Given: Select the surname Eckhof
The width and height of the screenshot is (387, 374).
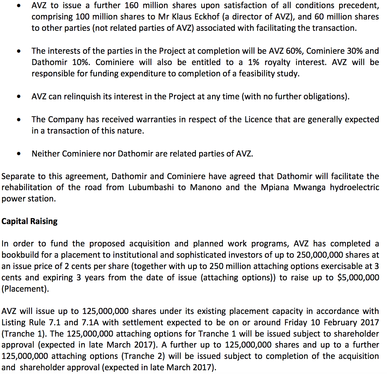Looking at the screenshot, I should [206, 17].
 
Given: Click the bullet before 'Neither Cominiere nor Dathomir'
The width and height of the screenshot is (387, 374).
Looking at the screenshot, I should [19, 154].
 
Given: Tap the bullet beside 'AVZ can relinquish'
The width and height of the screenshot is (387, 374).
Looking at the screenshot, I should [19, 97].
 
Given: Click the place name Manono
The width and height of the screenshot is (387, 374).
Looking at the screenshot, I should [206, 188].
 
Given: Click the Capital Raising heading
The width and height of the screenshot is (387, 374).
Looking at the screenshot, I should [30, 221].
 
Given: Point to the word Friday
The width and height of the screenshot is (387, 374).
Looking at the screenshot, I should [296, 322].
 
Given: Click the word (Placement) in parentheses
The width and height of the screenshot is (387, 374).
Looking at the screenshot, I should [25, 289].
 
